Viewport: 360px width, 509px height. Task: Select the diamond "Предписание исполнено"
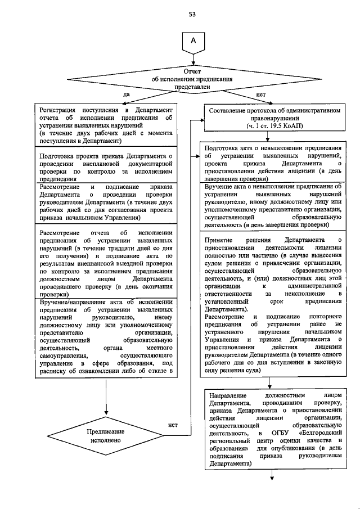click(x=105, y=436)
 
